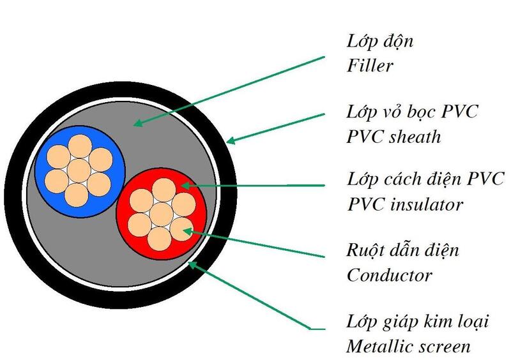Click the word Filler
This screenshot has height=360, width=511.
tap(369, 66)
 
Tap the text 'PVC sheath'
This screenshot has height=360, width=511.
tap(393, 137)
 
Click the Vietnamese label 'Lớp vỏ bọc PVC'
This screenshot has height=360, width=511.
tap(412, 112)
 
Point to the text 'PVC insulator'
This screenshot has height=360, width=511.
tap(404, 205)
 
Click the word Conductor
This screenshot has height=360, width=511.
tap(389, 275)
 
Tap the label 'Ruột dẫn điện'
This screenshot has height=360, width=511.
tap(402, 251)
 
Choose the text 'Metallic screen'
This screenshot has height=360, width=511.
tap(409, 347)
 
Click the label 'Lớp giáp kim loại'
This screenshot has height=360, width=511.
tap(417, 322)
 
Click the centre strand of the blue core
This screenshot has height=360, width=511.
tap(79, 169)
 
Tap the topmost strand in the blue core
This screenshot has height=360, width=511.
tap(79, 149)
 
